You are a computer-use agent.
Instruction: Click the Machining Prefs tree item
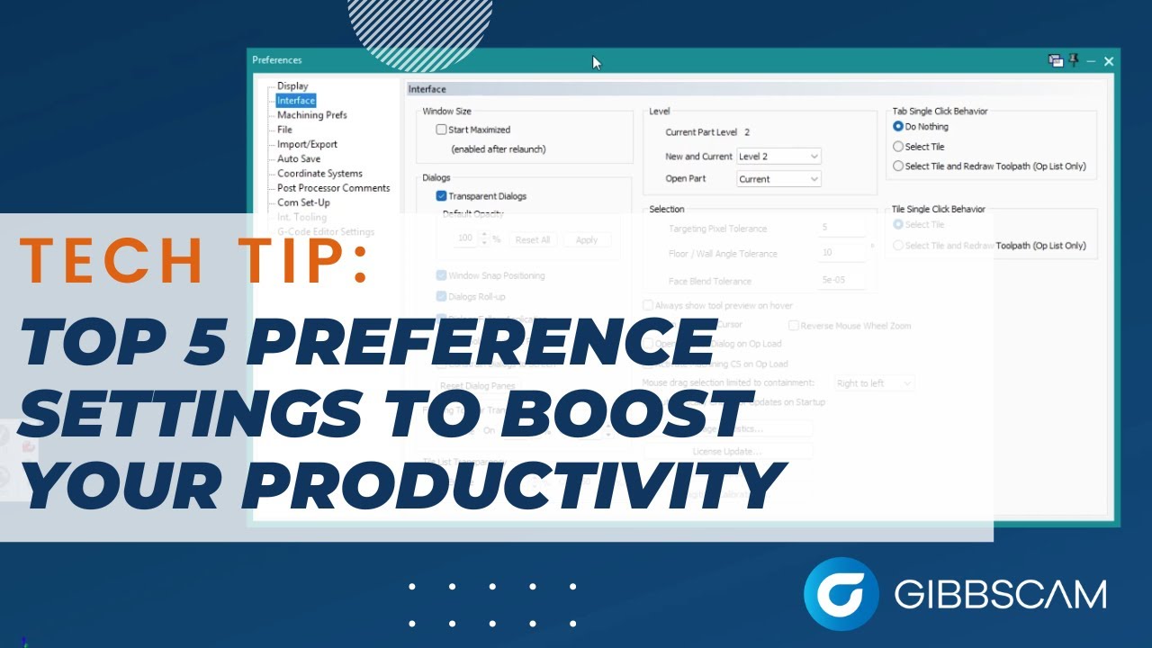[311, 115]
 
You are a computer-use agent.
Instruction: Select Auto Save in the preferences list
[298, 158]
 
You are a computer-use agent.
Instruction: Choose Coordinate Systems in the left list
[319, 174]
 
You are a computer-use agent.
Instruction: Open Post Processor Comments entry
[333, 188]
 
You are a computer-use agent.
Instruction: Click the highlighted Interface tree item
[295, 101]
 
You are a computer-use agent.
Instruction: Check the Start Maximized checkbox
[441, 130]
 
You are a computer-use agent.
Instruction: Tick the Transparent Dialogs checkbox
[441, 196]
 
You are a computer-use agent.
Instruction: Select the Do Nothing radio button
[898, 127]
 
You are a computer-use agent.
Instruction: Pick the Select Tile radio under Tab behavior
[898, 147]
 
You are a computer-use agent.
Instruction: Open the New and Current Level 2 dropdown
[778, 157]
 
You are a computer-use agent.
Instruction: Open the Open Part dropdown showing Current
[778, 179]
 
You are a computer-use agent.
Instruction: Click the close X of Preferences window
[1109, 61]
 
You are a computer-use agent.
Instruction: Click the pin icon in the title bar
[1073, 60]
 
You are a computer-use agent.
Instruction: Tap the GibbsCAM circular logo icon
[841, 594]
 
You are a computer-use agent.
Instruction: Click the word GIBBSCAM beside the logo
[1000, 595]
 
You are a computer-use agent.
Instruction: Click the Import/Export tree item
[307, 144]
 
